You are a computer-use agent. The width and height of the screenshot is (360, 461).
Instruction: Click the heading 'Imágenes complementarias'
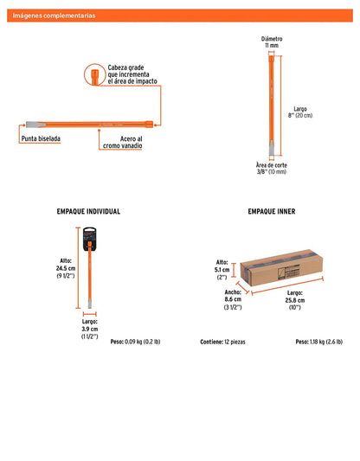click(x=54, y=16)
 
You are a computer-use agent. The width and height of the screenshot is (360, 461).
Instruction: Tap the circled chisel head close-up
click(x=94, y=74)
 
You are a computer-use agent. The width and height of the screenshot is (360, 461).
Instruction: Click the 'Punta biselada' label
click(x=41, y=138)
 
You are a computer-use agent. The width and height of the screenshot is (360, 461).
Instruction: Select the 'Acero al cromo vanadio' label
click(x=122, y=143)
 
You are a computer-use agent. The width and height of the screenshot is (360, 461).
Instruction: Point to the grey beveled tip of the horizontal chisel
click(x=35, y=125)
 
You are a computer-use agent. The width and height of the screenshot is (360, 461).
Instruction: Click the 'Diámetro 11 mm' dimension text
click(x=272, y=42)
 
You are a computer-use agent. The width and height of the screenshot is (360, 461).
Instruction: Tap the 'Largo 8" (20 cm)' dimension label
click(x=300, y=112)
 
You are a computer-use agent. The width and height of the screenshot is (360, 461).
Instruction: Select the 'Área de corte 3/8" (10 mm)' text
click(x=271, y=168)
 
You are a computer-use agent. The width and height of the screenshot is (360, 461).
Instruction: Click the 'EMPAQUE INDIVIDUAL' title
click(x=88, y=211)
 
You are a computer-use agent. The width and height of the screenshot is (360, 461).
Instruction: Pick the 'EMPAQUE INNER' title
click(x=272, y=211)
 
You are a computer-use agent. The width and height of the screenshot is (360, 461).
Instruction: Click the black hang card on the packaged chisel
click(x=89, y=239)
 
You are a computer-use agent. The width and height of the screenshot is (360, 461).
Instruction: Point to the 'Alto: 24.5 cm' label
click(x=66, y=265)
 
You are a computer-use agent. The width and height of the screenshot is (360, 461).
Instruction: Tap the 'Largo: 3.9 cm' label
click(x=90, y=325)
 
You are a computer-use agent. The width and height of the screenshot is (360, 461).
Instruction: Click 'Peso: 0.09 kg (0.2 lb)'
click(x=135, y=342)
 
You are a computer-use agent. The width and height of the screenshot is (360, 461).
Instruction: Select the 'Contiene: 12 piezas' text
click(x=222, y=342)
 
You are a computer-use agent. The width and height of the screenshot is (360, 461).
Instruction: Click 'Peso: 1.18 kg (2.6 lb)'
click(x=319, y=342)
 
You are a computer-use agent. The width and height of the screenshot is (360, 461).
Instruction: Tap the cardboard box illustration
click(x=281, y=267)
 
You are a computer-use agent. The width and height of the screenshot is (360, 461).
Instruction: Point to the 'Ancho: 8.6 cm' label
click(x=233, y=296)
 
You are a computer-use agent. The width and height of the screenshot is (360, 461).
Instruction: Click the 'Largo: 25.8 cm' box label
click(x=295, y=297)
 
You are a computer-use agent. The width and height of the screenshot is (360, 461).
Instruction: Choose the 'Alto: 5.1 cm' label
click(x=222, y=266)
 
